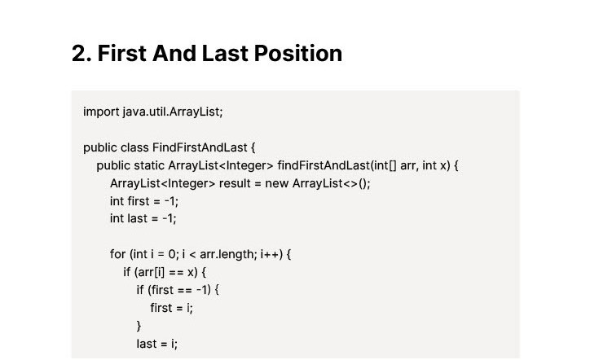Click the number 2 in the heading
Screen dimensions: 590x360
click(80, 54)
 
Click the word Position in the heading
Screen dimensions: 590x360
click(298, 54)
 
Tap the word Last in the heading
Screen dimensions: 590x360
click(225, 54)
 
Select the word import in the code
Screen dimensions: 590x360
click(101, 112)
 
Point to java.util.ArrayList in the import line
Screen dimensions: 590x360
click(171, 112)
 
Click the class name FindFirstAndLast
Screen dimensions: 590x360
click(200, 147)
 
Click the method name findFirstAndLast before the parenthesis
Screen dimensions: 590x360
click(324, 165)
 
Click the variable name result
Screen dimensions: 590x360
click(235, 183)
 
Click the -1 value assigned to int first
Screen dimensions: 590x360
click(170, 202)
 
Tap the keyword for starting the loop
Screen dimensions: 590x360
click(118, 254)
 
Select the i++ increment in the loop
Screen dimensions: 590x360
click(270, 254)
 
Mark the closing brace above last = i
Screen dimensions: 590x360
click(139, 326)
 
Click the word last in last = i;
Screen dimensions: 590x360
click(147, 344)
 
